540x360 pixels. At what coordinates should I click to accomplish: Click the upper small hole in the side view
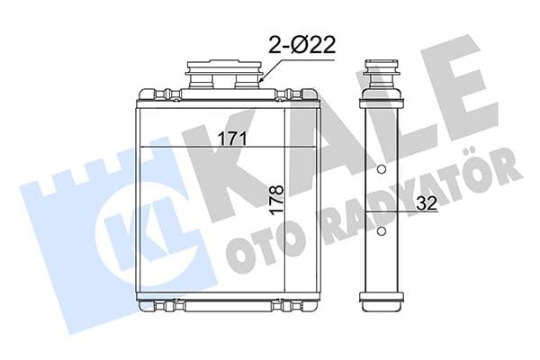[x=381, y=170]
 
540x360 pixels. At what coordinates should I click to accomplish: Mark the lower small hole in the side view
[x=381, y=232]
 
